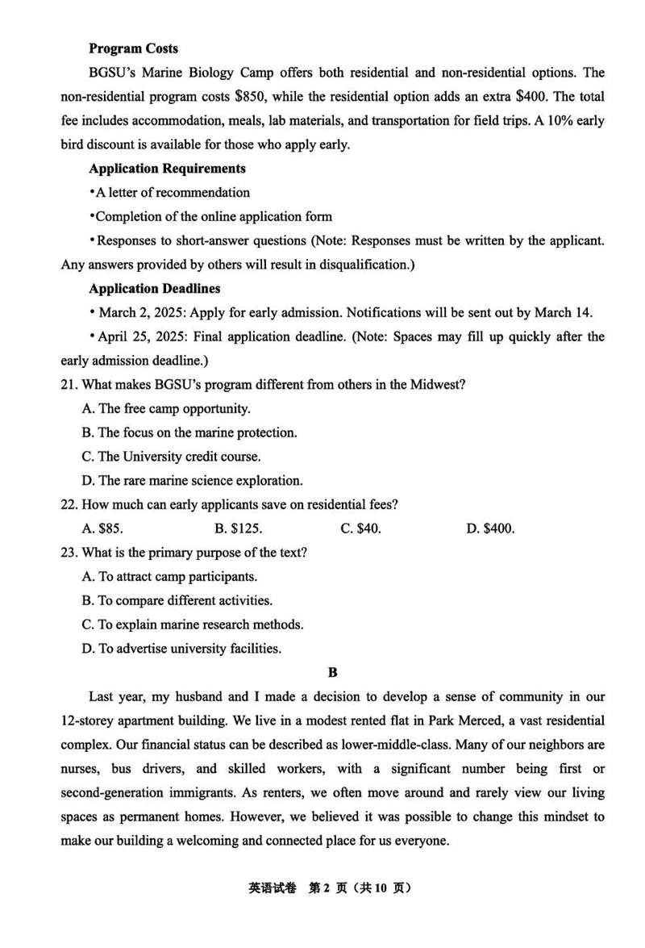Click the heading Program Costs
pyautogui.click(x=133, y=48)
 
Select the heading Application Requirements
pyautogui.click(x=167, y=169)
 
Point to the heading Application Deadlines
pyautogui.click(x=154, y=288)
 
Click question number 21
pyautogui.click(x=69, y=385)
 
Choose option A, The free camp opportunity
pyautogui.click(x=166, y=409)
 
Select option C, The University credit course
pyautogui.click(x=171, y=457)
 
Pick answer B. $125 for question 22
pyautogui.click(x=239, y=529)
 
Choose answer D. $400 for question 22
pyautogui.click(x=490, y=529)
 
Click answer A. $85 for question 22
pyautogui.click(x=102, y=529)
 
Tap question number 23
pyautogui.click(x=69, y=553)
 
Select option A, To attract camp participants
pyautogui.click(x=169, y=577)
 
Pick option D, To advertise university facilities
pyautogui.click(x=181, y=649)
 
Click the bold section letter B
pyautogui.click(x=332, y=672)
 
